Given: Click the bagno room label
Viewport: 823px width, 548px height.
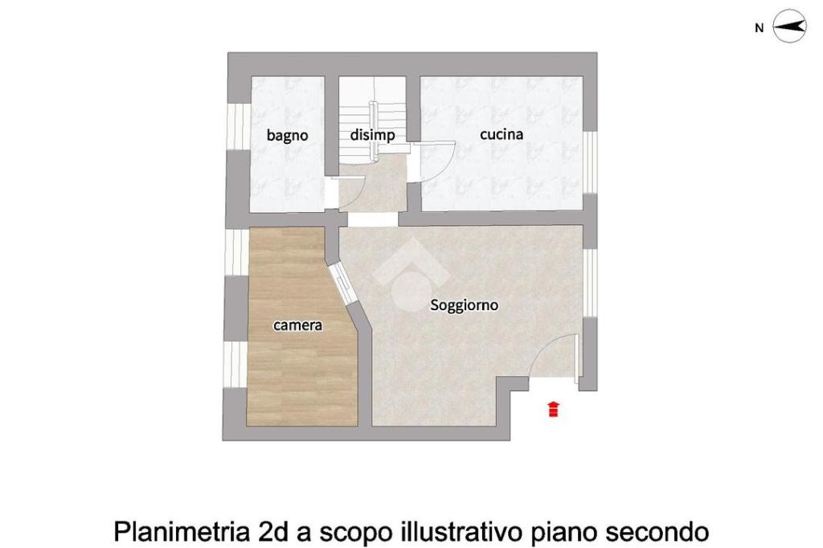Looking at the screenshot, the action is (x=287, y=136).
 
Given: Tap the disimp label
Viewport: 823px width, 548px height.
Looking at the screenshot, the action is (x=372, y=136).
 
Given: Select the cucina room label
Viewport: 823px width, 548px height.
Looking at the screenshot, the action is (x=502, y=134).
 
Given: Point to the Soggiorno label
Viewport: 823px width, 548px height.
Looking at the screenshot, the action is (x=464, y=305).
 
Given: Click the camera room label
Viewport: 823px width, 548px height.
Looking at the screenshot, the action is (x=297, y=325).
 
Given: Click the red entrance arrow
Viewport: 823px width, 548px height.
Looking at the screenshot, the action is (x=553, y=409).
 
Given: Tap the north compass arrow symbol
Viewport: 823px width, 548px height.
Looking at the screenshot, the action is (x=790, y=26).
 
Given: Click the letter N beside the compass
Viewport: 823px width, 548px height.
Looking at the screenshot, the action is (x=759, y=28).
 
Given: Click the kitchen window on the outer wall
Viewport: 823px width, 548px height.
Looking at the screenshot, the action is (x=591, y=162).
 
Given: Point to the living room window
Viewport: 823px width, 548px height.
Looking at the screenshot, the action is (x=591, y=282).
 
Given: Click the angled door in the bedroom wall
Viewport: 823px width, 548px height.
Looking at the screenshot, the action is (x=343, y=284).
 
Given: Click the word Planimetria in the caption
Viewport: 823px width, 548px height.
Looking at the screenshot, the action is (x=182, y=531).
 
